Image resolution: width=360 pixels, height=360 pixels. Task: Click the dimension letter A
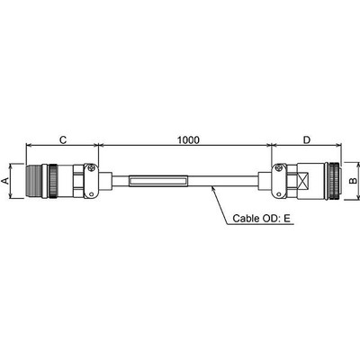pos(4,181)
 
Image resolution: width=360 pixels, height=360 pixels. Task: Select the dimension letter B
pos(354,181)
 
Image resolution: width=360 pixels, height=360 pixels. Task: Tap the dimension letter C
pos(63,139)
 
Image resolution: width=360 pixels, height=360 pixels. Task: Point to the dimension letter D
pos(307,139)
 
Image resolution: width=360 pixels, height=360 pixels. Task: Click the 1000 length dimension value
pos(188,139)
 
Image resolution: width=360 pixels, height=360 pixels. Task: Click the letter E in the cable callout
pos(287,218)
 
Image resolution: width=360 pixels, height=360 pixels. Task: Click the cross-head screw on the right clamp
pos(279,168)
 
